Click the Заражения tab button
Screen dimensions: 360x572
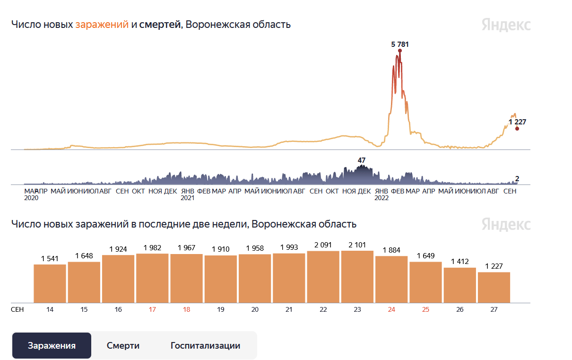52,346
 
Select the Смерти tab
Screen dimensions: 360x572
123,346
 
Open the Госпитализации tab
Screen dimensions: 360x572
205,346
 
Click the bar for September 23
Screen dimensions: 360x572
357,277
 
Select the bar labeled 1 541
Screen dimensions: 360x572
50,283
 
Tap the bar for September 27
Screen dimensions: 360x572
494,287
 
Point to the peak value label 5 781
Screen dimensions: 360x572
399,44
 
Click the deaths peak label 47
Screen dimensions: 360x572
362,160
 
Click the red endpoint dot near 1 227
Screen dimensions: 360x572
517,129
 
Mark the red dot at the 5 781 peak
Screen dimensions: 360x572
400,50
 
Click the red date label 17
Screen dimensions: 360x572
152,309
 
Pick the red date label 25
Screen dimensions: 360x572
425,309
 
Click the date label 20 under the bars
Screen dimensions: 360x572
255,309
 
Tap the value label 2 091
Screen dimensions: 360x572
323,245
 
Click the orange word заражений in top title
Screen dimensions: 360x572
102,25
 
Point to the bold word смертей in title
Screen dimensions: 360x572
160,25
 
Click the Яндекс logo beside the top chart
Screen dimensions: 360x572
506,25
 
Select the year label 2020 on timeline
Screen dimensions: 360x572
31,198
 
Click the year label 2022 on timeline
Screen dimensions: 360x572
381,198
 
